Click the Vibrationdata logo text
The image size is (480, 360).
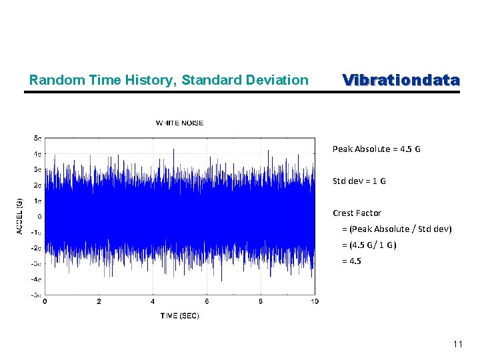[401, 80]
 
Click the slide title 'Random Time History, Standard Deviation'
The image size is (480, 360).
[169, 81]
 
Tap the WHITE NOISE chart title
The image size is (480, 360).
[179, 123]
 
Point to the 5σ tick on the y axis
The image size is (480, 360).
[38, 138]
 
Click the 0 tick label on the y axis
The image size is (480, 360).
[40, 216]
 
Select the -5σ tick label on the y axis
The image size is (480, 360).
[37, 294]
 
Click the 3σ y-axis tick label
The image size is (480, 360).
[38, 169]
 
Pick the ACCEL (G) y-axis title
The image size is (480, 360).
[19, 216]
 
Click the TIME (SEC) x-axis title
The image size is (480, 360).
[179, 315]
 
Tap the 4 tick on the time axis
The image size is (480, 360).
[153, 302]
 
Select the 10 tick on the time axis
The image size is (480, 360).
[315, 302]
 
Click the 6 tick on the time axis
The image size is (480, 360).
[207, 302]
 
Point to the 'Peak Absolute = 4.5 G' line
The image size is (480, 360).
[376, 149]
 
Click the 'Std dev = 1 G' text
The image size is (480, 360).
[359, 181]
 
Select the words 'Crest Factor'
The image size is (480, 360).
[357, 213]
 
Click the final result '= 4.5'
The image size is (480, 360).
[353, 261]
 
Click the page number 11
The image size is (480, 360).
[457, 345]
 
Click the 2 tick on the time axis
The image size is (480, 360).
[99, 302]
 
